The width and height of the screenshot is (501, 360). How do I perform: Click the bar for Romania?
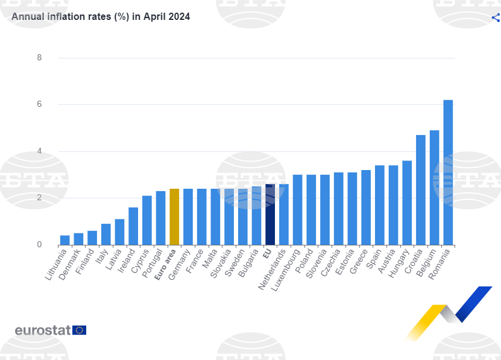point(448,172)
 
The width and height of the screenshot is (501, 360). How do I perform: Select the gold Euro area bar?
point(174,217)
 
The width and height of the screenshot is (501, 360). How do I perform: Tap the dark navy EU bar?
point(270,215)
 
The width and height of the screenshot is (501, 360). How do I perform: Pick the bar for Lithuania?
point(65,240)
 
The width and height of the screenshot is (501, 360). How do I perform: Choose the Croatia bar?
point(421,190)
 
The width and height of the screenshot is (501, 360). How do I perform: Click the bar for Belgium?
point(434,188)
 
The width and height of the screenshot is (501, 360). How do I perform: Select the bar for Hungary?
point(407,203)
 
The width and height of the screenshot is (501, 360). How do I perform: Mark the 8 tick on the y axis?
point(39,58)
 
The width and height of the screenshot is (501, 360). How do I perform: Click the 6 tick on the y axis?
point(39,104)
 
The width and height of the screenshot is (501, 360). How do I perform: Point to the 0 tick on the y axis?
point(39,245)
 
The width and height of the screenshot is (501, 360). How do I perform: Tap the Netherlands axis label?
point(272,270)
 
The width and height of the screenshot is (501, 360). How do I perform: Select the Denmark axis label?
point(70,266)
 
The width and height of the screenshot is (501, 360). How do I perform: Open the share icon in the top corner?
point(496,17)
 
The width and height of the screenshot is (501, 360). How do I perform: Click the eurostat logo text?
point(43,330)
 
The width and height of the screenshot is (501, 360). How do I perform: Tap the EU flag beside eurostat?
point(80,330)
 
